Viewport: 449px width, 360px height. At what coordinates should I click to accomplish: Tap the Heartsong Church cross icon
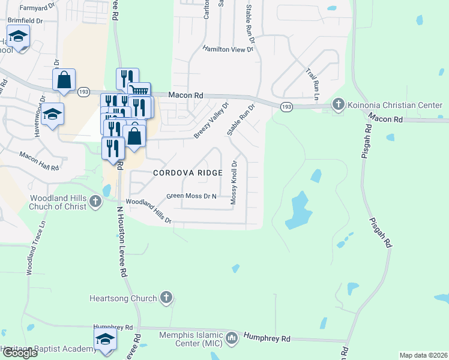pyautogui.click(x=166, y=298)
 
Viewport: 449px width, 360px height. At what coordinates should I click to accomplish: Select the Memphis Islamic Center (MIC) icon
pyautogui.click(x=232, y=340)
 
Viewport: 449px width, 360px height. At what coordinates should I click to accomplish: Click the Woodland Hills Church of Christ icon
pyautogui.click(x=95, y=202)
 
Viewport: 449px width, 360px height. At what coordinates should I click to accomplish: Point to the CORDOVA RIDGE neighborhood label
pyautogui.click(x=188, y=173)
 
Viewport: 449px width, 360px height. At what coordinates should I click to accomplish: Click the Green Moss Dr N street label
pyautogui.click(x=191, y=196)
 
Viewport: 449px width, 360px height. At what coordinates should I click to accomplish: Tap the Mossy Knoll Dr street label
pyautogui.click(x=234, y=182)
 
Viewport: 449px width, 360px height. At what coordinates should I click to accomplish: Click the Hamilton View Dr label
pyautogui.click(x=228, y=49)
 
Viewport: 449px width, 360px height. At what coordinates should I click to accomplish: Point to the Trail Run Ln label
pyautogui.click(x=313, y=83)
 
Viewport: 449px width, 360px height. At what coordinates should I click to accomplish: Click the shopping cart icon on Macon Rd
pyautogui.click(x=139, y=92)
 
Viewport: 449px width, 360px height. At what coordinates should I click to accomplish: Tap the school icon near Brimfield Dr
pyautogui.click(x=19, y=36)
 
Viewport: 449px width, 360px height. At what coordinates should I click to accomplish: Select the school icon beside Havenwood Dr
pyautogui.click(x=53, y=113)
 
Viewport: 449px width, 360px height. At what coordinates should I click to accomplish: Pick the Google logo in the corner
pyautogui.click(x=19, y=353)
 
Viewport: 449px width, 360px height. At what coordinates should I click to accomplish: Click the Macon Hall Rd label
pyautogui.click(x=39, y=160)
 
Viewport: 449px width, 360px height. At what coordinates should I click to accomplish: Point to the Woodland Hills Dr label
pyautogui.click(x=148, y=212)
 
